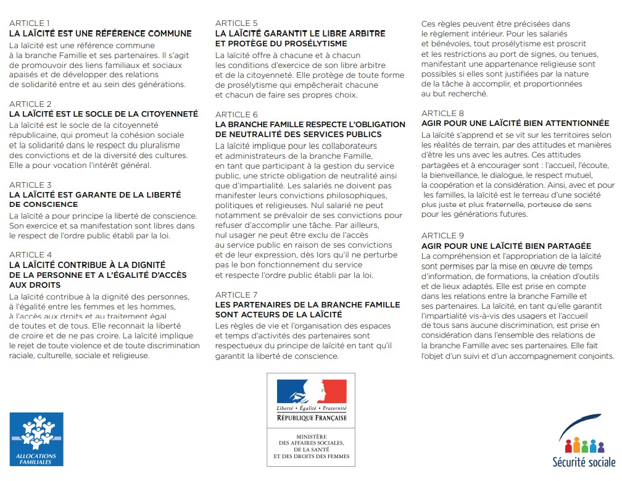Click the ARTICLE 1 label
coord(30,23)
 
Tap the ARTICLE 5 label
coord(236,23)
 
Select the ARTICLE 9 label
coord(442,236)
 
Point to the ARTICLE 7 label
coord(236,295)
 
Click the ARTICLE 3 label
coord(30,185)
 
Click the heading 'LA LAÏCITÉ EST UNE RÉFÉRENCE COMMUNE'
coord(101,34)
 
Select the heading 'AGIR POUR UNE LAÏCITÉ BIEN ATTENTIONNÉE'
coord(515,123)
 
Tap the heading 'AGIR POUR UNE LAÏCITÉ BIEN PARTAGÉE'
coord(506,246)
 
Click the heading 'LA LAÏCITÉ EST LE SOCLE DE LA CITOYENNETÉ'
coord(104,114)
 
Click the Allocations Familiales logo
coord(36,438)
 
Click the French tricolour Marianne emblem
coord(311,392)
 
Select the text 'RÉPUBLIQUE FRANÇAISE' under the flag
coord(312,418)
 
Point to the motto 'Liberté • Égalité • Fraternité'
coord(312,409)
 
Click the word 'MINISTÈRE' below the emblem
coord(312,437)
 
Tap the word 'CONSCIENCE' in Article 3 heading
coord(44,204)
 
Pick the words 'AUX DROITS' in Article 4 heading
coord(35,285)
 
